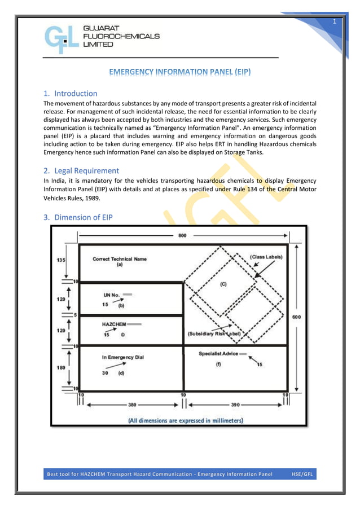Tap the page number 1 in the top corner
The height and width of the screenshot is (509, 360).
[334, 21]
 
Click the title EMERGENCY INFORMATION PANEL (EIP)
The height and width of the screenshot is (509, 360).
[180, 72]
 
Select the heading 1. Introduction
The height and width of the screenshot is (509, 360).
[71, 93]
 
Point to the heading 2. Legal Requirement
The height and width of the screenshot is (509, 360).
[81, 170]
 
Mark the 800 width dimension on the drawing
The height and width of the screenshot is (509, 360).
[182, 236]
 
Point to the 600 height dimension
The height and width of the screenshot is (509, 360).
[296, 317]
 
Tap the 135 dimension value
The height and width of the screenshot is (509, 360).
[60, 260]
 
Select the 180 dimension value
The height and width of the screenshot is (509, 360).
[60, 367]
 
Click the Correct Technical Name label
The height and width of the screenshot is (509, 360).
[120, 259]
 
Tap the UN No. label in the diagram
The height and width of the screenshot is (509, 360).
[111, 295]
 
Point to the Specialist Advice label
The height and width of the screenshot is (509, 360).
[218, 354]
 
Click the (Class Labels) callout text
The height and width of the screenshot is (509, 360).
[266, 257]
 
